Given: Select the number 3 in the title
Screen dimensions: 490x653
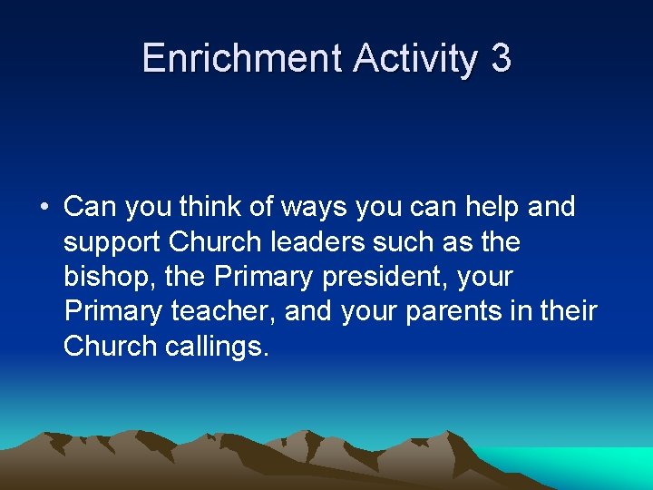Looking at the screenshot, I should coord(501,59).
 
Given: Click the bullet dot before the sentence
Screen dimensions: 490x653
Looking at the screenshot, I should coord(44,208).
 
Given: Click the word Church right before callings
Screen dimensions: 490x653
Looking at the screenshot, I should coord(110,346).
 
